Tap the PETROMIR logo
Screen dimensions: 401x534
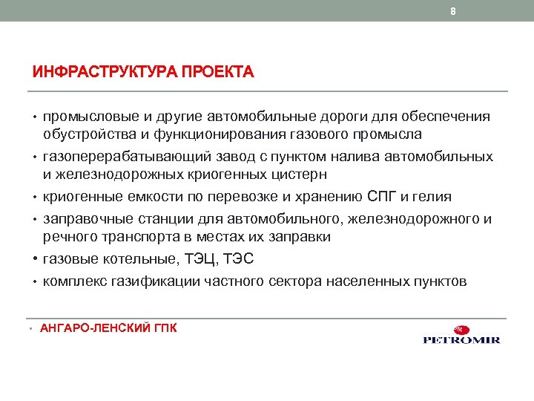461,335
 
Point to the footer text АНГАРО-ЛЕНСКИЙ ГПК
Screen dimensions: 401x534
108,327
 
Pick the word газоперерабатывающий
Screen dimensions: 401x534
128,157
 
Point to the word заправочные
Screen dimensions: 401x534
87,220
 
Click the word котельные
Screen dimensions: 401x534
128,259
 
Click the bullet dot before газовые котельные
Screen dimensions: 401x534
36,259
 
